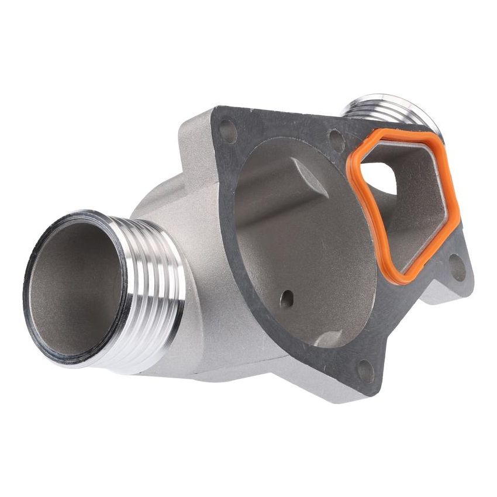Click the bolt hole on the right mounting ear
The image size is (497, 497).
tap(457, 268)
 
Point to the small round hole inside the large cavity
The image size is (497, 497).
tap(287, 299)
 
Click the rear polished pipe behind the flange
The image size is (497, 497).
tap(374, 108)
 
